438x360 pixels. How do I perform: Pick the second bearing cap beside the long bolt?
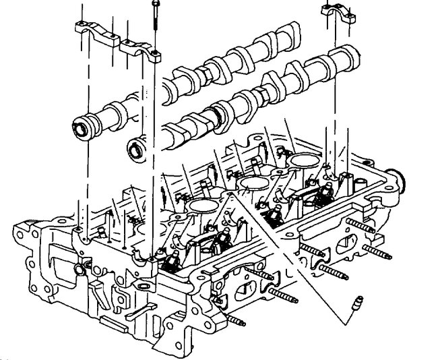coord(139,49)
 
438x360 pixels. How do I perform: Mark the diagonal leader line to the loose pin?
coord(296,249)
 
